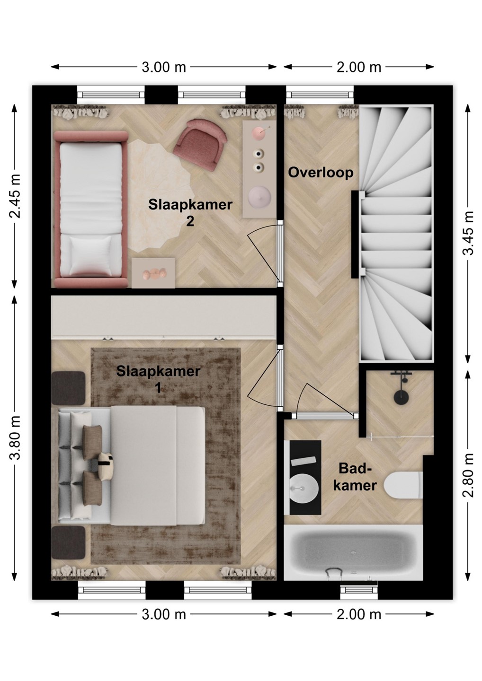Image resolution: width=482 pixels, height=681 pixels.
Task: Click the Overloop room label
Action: click(x=321, y=173)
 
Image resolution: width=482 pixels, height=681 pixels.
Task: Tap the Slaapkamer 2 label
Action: click(x=190, y=212)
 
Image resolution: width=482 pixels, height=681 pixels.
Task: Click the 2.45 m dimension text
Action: click(x=15, y=196)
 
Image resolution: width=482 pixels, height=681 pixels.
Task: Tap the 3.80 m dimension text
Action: click(x=15, y=437)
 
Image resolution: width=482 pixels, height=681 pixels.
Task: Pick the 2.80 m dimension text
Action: click(x=468, y=475)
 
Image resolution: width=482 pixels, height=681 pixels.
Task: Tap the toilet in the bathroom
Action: click(x=403, y=486)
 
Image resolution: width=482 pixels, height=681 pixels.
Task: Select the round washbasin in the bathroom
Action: click(x=303, y=489)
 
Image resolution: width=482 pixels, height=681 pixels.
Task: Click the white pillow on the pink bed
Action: click(x=91, y=256)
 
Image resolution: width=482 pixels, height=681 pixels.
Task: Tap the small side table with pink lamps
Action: click(x=153, y=273)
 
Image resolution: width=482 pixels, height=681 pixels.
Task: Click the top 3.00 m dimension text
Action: click(x=164, y=67)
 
